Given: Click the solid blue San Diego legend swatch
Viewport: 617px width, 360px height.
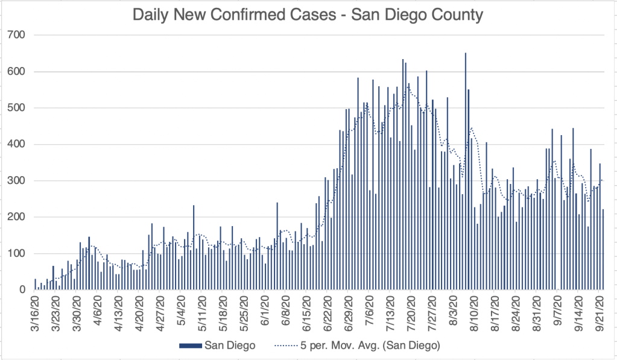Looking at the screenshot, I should tap(190, 346).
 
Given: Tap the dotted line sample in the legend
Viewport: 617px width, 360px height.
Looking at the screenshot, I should tap(286, 346).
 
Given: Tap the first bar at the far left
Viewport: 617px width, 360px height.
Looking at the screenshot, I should tap(35, 284).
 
